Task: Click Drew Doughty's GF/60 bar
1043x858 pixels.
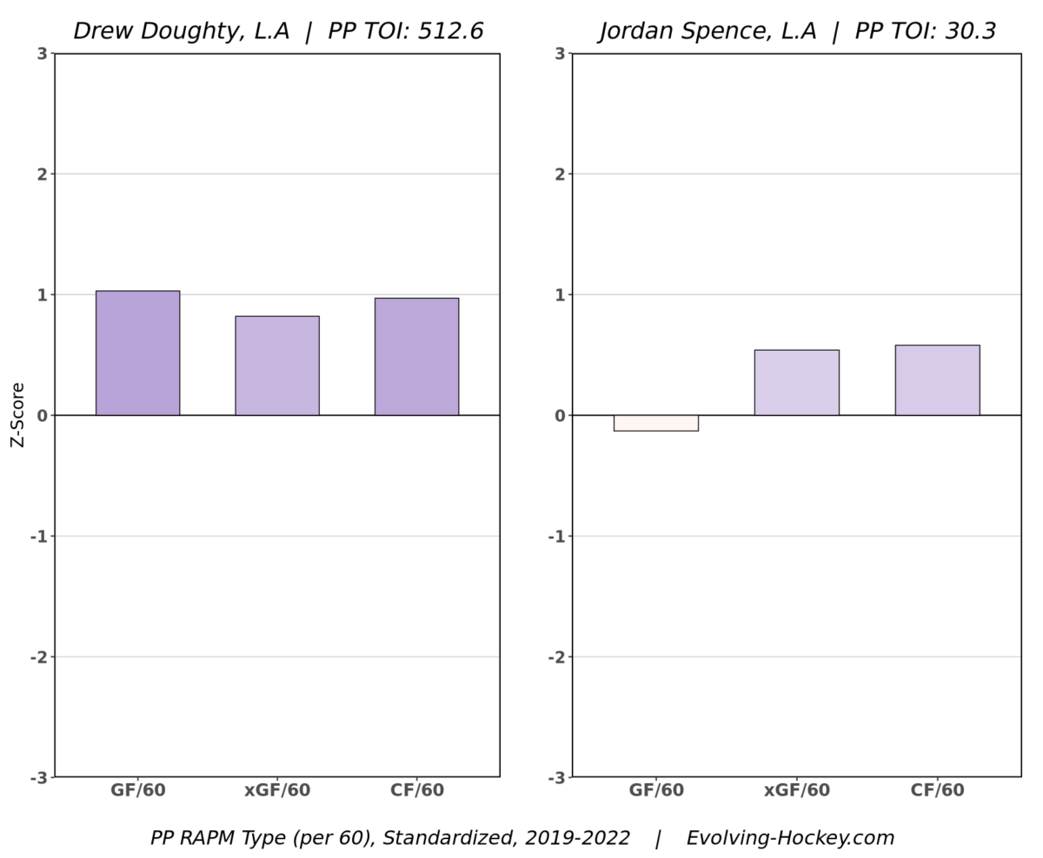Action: [x=137, y=353]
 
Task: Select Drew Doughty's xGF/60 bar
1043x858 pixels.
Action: [x=276, y=366]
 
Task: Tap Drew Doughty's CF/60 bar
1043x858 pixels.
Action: [x=416, y=356]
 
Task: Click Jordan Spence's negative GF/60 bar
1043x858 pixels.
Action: [x=655, y=423]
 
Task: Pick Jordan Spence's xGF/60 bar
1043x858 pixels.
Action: [x=796, y=382]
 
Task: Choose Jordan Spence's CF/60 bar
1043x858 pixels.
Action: [x=937, y=380]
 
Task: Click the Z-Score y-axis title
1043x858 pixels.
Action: [x=17, y=414]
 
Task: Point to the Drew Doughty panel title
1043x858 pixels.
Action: [x=277, y=31]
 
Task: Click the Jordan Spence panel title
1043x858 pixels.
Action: [x=797, y=31]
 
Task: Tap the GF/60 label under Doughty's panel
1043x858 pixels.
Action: [x=137, y=790]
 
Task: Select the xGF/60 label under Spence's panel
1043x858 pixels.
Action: [x=796, y=790]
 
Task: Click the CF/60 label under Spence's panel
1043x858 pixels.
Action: [x=937, y=790]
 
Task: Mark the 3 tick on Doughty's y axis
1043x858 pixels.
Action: [x=42, y=54]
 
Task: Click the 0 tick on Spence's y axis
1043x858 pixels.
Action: [x=560, y=415]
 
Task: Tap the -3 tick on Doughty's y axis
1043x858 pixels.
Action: [x=38, y=777]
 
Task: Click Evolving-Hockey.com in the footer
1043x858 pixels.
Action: [x=790, y=838]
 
